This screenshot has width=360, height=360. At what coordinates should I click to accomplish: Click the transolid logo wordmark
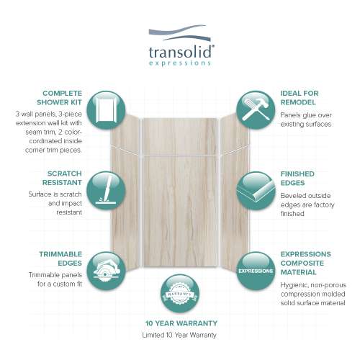coord(181,52)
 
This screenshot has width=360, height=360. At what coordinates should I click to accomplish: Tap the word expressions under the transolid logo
coord(181,63)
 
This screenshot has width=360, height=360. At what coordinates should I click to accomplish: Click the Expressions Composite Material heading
coord(306,264)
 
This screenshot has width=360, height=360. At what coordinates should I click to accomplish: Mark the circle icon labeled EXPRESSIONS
coord(255,271)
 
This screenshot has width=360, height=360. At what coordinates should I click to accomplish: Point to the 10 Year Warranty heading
coord(181,323)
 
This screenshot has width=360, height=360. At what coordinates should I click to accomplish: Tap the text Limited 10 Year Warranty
coord(181,336)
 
